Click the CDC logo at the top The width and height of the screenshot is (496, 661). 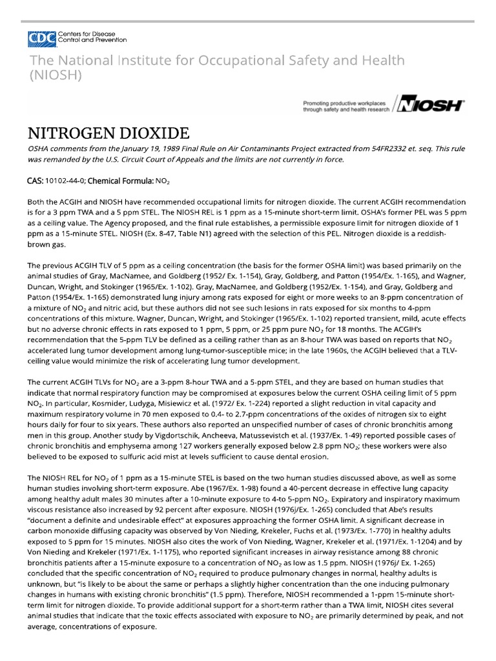click(41, 39)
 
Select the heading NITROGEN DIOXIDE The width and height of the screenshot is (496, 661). click(108, 134)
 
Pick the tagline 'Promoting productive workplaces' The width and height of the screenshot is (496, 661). click(344, 103)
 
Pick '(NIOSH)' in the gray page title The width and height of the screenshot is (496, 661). click(55, 75)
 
